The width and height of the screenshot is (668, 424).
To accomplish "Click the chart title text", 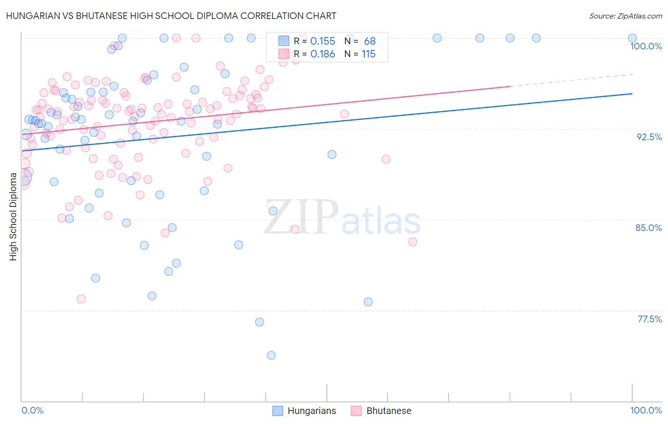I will (171, 16).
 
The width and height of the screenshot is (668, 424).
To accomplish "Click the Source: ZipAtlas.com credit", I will (625, 16).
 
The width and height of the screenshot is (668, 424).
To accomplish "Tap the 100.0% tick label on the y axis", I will (646, 46).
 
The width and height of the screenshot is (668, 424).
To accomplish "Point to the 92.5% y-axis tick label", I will (649, 137).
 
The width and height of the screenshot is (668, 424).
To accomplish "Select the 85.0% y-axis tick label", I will (649, 228).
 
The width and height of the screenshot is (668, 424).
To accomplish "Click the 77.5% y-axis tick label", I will (649, 319).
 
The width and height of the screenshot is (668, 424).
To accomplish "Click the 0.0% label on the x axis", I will (32, 410).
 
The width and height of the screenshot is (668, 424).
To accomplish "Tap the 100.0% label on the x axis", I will (646, 410).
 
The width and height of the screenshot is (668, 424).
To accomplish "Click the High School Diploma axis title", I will (13, 217).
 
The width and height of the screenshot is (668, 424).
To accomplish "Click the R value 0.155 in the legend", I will (323, 41).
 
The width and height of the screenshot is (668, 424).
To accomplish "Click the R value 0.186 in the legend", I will (323, 54).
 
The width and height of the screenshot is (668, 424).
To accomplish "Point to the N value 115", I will (369, 54).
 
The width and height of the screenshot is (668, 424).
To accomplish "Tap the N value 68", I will (370, 41).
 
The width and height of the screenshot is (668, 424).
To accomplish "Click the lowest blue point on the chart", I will (271, 355).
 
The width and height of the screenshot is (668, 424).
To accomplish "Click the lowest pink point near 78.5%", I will (81, 299).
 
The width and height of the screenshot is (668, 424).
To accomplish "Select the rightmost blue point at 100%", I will (632, 38).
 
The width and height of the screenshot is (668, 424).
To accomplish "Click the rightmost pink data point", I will (412, 242).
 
